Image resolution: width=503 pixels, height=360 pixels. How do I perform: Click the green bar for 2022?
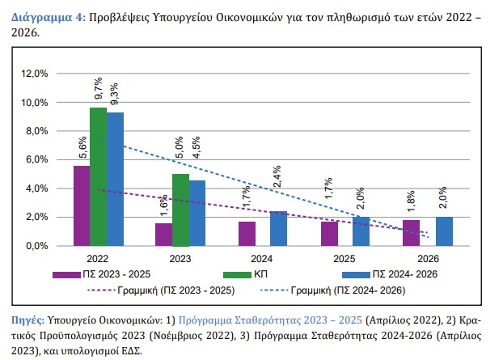click(98, 176)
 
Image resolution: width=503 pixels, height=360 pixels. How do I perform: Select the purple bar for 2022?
click(82, 205)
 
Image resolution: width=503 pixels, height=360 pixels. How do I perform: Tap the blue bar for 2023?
click(197, 213)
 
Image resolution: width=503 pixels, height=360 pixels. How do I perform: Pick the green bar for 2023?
click(180, 210)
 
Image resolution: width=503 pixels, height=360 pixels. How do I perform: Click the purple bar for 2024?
click(247, 233)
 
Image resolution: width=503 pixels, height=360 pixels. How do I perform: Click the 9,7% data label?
click(98, 92)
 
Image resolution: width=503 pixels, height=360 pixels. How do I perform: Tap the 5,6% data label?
click(82, 150)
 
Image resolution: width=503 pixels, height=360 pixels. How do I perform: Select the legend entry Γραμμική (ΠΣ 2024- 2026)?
click(362, 290)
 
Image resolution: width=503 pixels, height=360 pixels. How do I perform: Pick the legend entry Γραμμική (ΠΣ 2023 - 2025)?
click(178, 290)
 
